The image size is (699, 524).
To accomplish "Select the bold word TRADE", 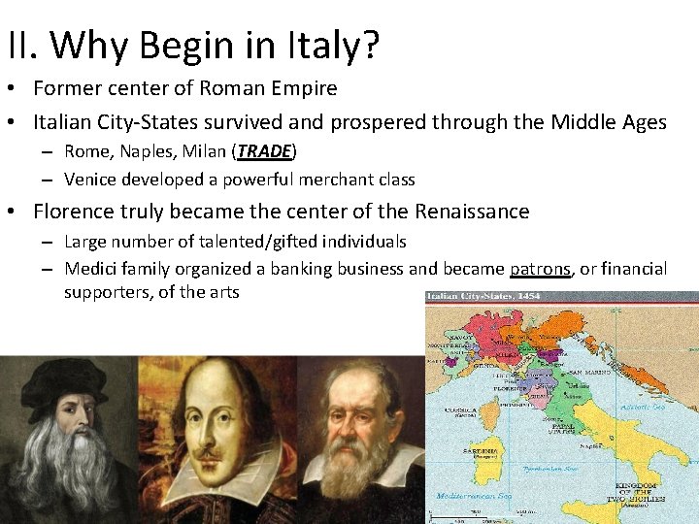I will click(x=264, y=151).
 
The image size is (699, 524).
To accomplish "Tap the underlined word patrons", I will click(x=540, y=269).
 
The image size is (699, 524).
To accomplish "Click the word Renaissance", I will click(x=472, y=212).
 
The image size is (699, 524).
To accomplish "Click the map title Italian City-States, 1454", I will click(x=481, y=297).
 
